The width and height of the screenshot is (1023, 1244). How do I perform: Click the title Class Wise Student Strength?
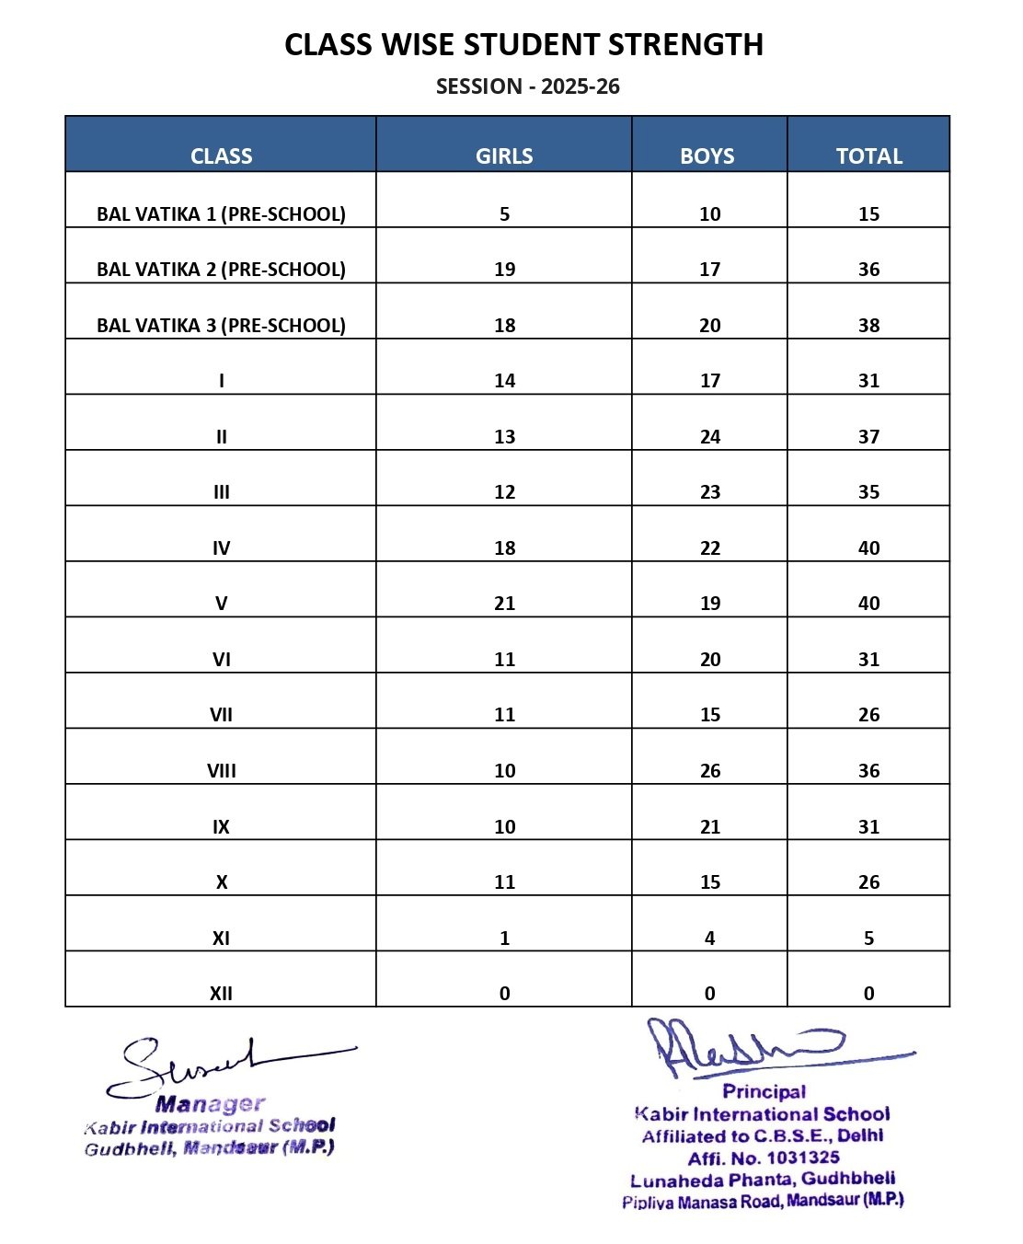[523, 44]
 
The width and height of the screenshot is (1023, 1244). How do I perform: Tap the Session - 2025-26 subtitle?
[527, 86]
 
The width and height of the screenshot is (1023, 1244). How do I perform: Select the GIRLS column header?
[504, 155]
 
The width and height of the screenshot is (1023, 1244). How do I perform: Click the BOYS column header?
[707, 155]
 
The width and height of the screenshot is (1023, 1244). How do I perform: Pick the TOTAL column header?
[868, 155]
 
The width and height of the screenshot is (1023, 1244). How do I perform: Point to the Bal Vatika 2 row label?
[221, 270]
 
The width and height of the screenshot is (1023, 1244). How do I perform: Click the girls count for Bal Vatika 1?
[504, 214]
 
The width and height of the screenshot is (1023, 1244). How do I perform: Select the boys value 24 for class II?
[709, 437]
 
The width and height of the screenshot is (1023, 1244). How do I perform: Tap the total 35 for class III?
[868, 492]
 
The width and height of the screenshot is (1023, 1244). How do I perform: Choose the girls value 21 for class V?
[504, 604]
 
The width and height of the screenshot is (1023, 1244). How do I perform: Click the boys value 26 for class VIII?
[709, 771]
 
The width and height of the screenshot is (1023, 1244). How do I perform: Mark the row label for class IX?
[221, 826]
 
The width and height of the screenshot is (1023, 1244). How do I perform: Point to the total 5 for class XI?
[868, 939]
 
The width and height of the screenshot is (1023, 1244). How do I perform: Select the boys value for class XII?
[709, 994]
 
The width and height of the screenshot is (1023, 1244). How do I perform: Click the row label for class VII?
[221, 715]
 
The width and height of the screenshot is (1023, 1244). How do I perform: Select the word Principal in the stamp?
[764, 1092]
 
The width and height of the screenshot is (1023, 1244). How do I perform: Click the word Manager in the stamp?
[210, 1103]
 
